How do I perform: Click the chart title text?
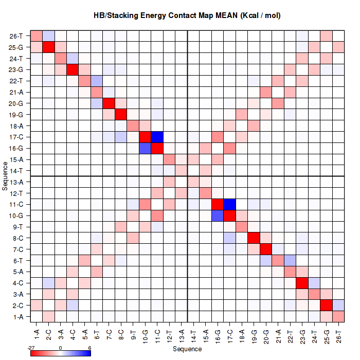(187, 16)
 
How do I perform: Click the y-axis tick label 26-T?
(16, 37)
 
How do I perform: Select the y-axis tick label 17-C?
(16, 137)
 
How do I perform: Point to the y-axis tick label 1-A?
(16, 317)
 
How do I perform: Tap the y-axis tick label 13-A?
(16, 182)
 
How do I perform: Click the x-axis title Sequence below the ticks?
(187, 349)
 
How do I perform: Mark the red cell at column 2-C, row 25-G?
(48, 47)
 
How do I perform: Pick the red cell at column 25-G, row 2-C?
(326, 305)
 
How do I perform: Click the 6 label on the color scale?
(89, 348)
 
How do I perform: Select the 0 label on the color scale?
(61, 348)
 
